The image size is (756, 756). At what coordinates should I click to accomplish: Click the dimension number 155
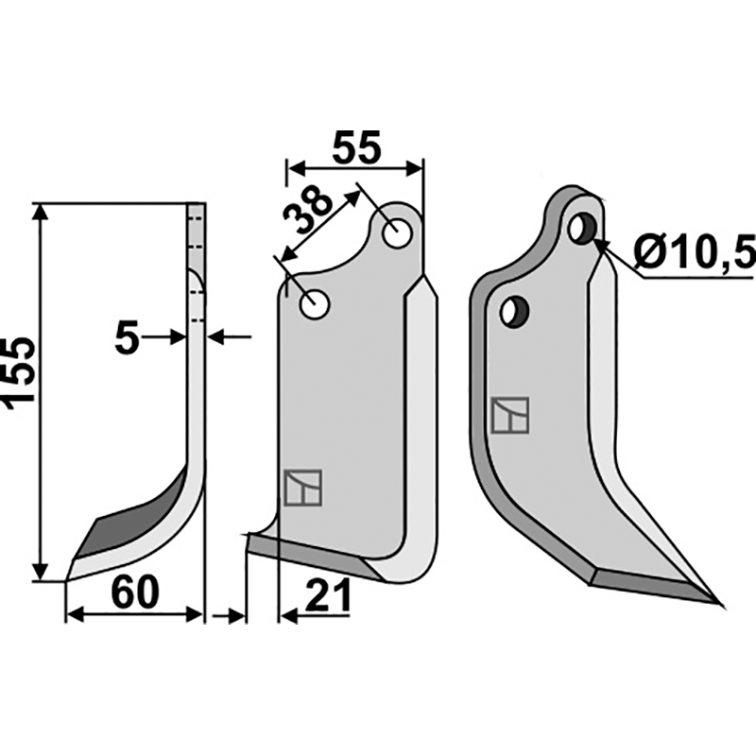click(x=21, y=370)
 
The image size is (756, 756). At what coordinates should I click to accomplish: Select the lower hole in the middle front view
click(x=314, y=303)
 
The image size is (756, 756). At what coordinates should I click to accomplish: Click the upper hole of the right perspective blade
click(x=583, y=227)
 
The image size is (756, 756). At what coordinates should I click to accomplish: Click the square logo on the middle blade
click(x=302, y=486)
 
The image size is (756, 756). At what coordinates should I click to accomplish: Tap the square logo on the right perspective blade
click(x=510, y=415)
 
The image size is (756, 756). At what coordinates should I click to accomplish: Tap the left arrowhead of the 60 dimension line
click(x=72, y=615)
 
